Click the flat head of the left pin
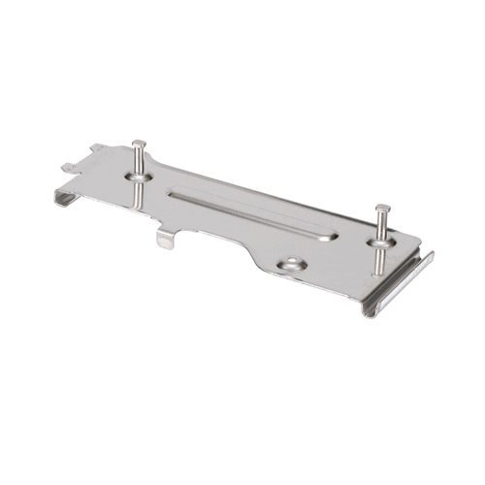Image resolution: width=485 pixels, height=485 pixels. pos(139,145)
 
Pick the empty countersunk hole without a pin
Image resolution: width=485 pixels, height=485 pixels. pos(291,263)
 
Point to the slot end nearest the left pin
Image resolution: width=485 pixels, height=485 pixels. pos(175,194)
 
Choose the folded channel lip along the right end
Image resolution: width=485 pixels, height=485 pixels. pos(403,286)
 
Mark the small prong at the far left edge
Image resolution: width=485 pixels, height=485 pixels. pos(66,167)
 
